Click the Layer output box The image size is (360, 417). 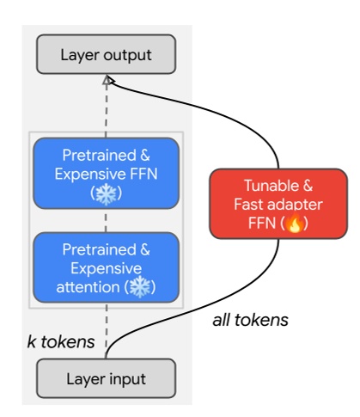coord(106,55)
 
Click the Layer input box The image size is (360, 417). coord(106,379)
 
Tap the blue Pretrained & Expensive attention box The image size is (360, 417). coord(106,268)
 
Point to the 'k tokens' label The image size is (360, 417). coord(61,342)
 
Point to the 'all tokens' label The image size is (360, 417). coord(251,320)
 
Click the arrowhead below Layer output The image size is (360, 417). coord(107,80)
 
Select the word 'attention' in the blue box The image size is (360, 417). coord(90,287)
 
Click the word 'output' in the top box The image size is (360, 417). coord(127,56)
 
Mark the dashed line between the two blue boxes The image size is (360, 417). coord(107,220)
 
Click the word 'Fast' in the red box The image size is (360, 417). coord(248,205)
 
